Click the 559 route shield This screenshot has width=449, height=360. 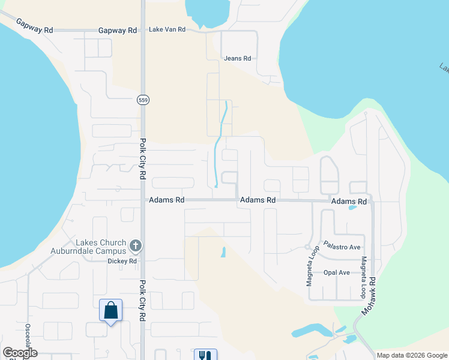point(142,100)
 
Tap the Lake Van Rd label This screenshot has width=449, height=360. point(167,29)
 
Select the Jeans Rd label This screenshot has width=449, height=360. point(237,58)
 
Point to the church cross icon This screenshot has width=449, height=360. point(136,246)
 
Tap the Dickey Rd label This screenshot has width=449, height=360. point(122,261)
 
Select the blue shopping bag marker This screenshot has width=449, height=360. point(110,311)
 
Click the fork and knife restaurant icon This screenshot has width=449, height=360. point(205,355)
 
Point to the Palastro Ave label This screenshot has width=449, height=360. point(342,247)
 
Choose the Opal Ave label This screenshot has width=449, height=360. point(336,272)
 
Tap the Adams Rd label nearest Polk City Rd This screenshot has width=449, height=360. point(166,200)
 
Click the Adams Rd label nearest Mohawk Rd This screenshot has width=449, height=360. point(349,202)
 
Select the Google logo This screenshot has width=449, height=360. point(20,353)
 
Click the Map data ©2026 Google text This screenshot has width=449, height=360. point(412,355)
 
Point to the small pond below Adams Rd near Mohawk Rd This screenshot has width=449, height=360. point(352,208)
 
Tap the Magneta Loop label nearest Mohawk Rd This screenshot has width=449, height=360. point(363,278)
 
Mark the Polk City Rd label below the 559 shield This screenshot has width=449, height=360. point(143,159)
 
